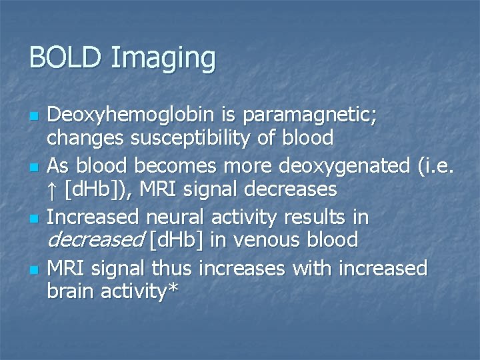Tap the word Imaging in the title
(163, 60)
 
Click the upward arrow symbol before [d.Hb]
(53, 189)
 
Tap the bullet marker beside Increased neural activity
(32, 217)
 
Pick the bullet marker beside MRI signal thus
(32, 269)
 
